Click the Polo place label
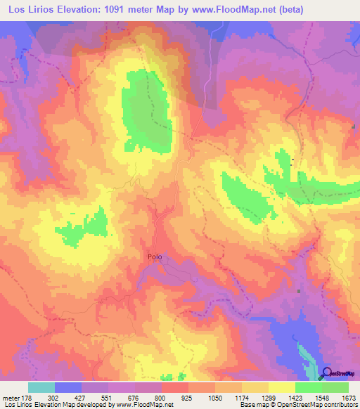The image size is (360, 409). coord(155,257)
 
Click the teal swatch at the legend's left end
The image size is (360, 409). coord(41,387)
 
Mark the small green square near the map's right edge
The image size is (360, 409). coord(354,126)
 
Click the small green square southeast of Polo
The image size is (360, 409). coord(300,291)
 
